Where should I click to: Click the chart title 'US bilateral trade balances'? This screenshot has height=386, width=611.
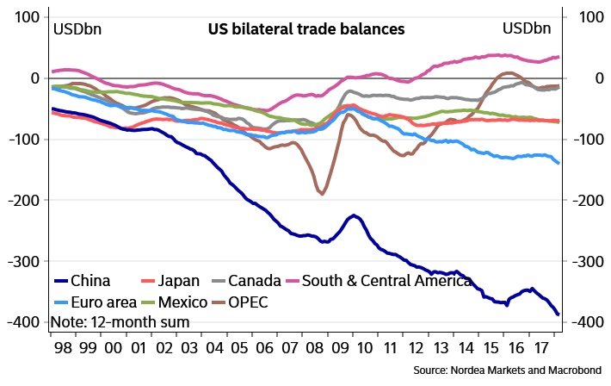[306, 28]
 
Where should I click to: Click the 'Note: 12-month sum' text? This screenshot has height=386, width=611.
[120, 322]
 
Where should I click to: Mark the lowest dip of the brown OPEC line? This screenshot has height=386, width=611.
[323, 194]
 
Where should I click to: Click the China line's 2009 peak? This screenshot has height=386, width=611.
[353, 215]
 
